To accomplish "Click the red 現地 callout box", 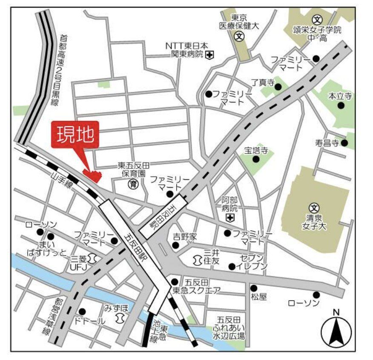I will (75, 135).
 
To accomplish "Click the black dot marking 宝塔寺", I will (256, 159).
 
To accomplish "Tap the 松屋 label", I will (259, 297).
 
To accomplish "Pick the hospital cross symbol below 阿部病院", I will (230, 218).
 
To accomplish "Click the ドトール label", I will (89, 321).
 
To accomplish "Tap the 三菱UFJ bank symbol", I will (93, 258).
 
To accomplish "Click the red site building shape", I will (93, 175).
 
